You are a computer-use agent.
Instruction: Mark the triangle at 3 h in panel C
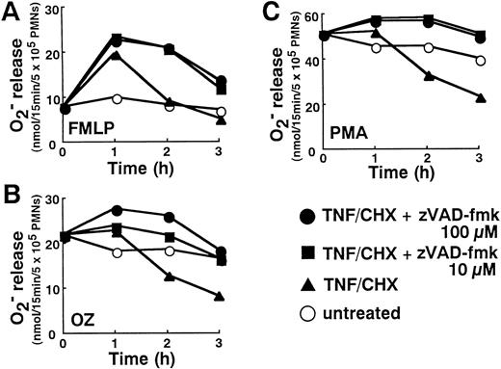pyautogui.click(x=479, y=96)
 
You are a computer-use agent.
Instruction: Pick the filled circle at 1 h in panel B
pyautogui.click(x=118, y=209)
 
